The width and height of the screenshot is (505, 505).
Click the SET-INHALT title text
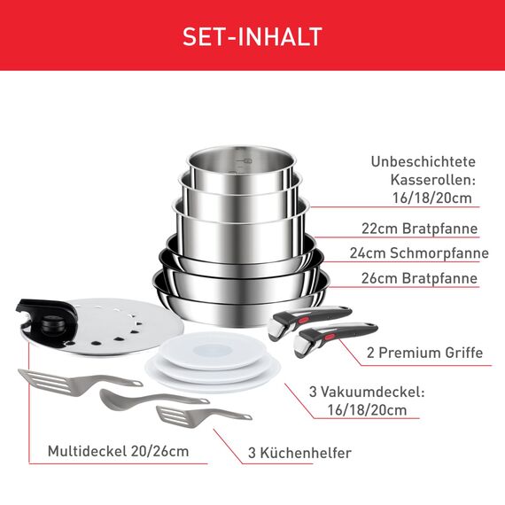252,36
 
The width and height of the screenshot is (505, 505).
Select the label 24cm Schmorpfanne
418,253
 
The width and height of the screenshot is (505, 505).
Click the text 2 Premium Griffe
424,353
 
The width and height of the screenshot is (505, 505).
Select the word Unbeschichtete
422,161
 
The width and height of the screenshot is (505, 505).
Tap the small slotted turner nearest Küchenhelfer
183,415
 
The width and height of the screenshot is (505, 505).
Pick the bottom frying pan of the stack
239,288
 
